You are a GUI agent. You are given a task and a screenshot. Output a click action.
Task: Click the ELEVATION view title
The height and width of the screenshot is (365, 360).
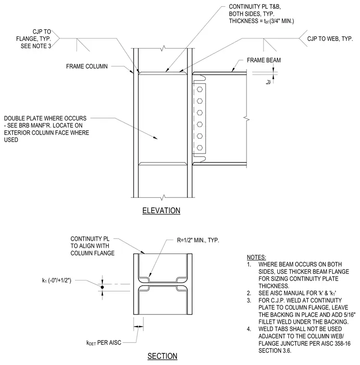[161, 210]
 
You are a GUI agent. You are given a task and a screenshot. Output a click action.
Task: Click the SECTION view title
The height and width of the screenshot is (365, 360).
[162, 356]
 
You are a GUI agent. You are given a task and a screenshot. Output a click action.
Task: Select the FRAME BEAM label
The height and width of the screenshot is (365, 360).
[264, 61]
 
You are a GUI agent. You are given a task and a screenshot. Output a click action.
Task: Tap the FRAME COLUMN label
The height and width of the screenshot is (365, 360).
[87, 66]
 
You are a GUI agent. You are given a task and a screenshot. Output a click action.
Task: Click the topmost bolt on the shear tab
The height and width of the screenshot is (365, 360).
[199, 89]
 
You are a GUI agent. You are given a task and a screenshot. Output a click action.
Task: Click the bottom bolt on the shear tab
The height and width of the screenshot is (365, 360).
[199, 147]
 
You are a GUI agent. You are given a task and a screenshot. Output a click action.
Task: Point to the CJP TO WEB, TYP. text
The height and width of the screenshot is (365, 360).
[330, 38]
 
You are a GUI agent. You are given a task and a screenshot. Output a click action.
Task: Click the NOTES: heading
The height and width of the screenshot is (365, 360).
[256, 257]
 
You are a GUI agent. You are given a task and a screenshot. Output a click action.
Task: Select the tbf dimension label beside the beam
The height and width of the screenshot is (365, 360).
[269, 82]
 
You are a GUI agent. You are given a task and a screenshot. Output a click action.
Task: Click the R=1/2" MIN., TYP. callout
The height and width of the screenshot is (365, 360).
[198, 240]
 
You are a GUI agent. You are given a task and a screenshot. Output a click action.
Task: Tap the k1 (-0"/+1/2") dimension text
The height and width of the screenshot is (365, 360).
[57, 280]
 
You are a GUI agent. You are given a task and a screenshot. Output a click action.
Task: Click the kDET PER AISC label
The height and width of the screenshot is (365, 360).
[104, 342]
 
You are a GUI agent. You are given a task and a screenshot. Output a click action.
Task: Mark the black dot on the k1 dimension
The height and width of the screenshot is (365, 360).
[102, 287]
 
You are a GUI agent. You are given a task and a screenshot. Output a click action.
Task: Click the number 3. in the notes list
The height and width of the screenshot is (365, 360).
[249, 301]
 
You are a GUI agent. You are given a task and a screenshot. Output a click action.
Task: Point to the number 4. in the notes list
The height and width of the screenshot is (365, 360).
[249, 329]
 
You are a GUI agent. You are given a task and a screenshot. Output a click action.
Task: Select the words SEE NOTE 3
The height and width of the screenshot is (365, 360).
[36, 46]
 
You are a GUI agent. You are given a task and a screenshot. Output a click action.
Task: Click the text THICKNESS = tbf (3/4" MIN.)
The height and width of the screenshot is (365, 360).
[261, 21]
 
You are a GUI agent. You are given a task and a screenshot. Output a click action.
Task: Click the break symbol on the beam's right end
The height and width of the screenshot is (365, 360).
[247, 120]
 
